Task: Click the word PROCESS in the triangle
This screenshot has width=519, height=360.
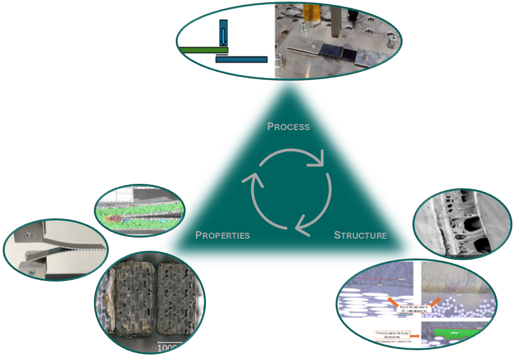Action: pos(288,127)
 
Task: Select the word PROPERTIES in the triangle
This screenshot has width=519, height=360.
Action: pos(222,235)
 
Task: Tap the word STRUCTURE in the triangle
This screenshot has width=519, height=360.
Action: pos(360,235)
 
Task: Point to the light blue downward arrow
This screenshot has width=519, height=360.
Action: pos(224,36)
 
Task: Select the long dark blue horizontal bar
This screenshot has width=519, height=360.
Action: pos(241,59)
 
